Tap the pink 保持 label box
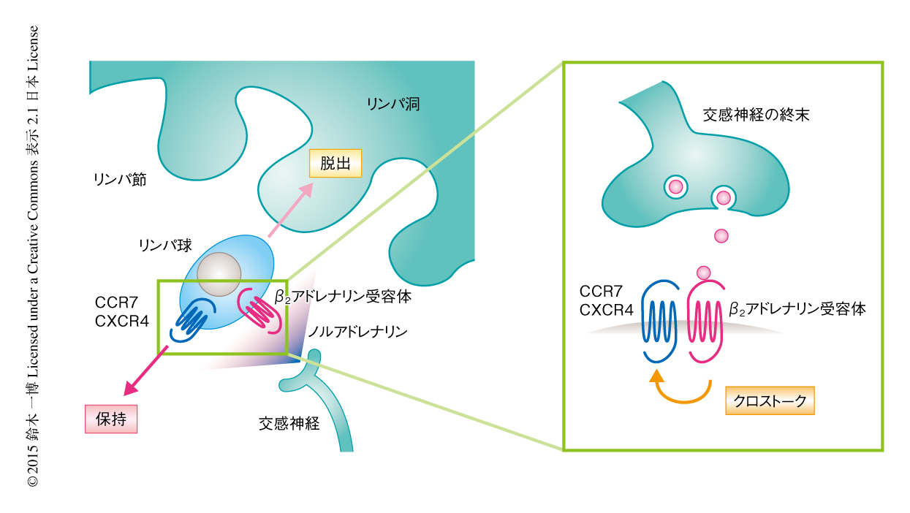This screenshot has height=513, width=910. [x=111, y=419]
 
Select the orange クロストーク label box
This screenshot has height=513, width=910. [x=770, y=400]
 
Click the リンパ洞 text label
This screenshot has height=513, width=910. [x=393, y=104]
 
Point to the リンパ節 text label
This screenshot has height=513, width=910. [x=120, y=178]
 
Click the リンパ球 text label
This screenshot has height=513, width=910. [x=165, y=245]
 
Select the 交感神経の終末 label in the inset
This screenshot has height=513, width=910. [x=756, y=115]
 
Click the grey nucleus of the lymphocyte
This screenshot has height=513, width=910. [x=220, y=274]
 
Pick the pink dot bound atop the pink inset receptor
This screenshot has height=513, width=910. [x=704, y=273]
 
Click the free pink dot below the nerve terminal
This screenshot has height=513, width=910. [x=721, y=235]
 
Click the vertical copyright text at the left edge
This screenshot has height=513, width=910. [x=33, y=256]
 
